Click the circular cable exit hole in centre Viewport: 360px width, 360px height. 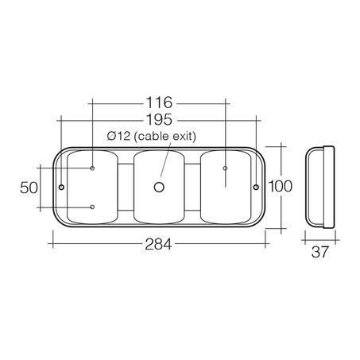pyautogui.click(x=159, y=188)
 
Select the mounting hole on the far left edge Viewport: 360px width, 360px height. pyautogui.click(x=61, y=188)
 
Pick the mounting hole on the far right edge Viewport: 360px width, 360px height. pyautogui.click(x=255, y=188)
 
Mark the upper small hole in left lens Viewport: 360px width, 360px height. pyautogui.click(x=93, y=168)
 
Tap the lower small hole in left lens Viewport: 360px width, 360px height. pyautogui.click(x=93, y=207)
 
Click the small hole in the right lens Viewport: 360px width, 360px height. pyautogui.click(x=225, y=168)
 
